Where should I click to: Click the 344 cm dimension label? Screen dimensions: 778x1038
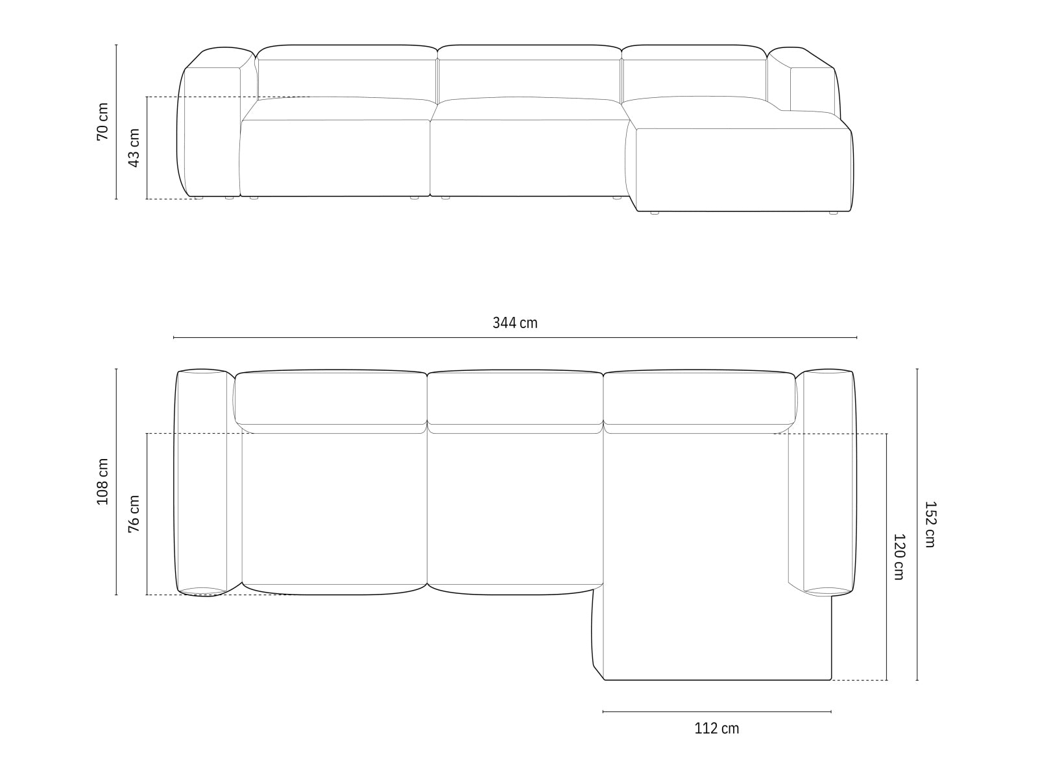pyautogui.click(x=514, y=323)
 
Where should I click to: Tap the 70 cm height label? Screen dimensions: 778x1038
pyautogui.click(x=103, y=122)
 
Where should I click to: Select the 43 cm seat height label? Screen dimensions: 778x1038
pyautogui.click(x=134, y=148)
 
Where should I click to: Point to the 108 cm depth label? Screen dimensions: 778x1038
pyautogui.click(x=103, y=481)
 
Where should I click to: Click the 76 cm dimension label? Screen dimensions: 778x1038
pyautogui.click(x=134, y=513)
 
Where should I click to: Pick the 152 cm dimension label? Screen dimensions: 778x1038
pyautogui.click(x=930, y=524)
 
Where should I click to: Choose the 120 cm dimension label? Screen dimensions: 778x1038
pyautogui.click(x=899, y=556)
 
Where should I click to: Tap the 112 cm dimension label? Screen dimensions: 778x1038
pyautogui.click(x=716, y=728)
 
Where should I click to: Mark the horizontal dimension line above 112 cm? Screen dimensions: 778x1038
pyautogui.click(x=716, y=711)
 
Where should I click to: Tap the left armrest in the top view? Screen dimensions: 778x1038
pyautogui.click(x=201, y=481)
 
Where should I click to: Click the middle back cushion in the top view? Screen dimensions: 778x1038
pyautogui.click(x=515, y=397)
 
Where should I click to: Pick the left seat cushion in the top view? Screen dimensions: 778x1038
pyautogui.click(x=334, y=509)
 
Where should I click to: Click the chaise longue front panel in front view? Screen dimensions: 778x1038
pyautogui.click(x=743, y=170)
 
